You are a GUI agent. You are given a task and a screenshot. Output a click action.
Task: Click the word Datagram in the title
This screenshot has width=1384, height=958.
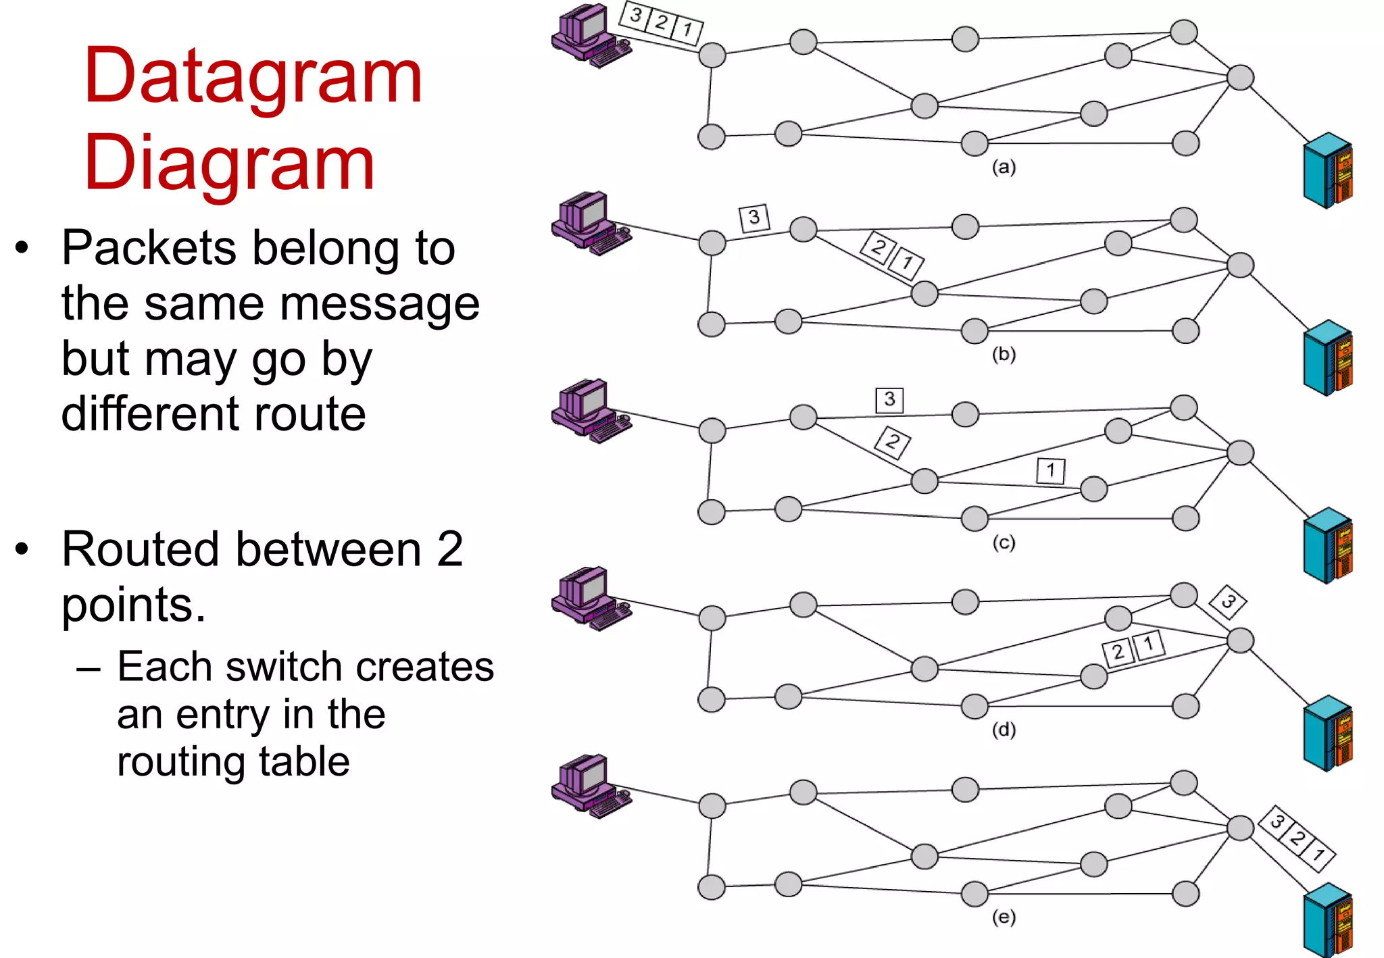[253, 76]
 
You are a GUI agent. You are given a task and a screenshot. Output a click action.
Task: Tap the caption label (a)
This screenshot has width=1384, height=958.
[1004, 167]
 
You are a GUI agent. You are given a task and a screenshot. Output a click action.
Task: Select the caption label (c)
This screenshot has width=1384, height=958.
[1004, 543]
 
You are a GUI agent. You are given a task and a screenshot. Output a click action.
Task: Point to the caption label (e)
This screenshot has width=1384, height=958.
[1004, 917]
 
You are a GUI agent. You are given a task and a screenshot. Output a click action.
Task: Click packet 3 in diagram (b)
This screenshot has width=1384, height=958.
[754, 218]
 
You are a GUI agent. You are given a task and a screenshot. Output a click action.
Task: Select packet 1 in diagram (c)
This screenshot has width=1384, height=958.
[1051, 470]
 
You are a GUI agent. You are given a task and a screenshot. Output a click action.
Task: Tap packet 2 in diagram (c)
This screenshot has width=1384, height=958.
[893, 443]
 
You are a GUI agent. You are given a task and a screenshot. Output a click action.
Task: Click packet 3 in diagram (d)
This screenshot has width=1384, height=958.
[1228, 601]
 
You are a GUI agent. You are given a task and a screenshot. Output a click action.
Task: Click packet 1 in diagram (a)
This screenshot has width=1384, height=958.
[687, 30]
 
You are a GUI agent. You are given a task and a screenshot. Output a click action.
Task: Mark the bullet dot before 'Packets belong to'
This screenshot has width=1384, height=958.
[22, 247]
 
